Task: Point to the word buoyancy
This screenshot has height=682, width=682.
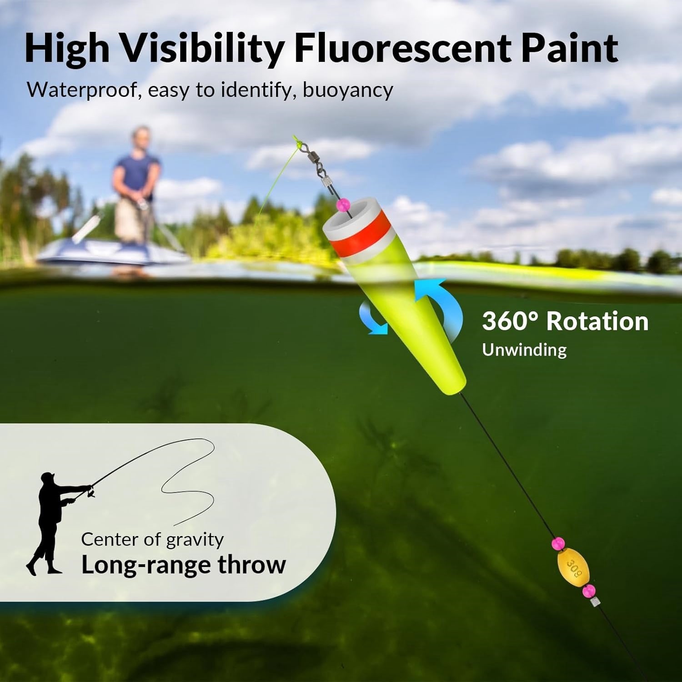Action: [x=348, y=90]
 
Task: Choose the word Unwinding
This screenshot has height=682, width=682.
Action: [x=524, y=351]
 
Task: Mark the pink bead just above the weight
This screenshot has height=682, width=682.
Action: [x=557, y=543]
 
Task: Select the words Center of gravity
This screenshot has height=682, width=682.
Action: [x=152, y=540]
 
